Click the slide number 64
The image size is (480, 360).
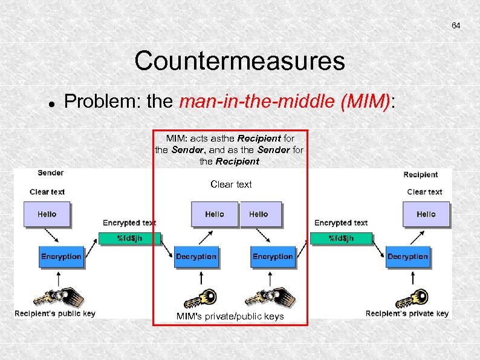point(456,25)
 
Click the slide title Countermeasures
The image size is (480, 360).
point(240,61)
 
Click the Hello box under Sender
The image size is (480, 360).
point(47,214)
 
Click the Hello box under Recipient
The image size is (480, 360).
point(426,214)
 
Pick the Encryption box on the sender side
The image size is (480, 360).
point(61,257)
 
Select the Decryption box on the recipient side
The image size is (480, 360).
point(408,257)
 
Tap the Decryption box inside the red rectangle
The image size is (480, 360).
point(196,257)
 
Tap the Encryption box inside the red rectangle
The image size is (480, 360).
point(273,257)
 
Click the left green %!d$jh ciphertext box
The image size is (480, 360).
point(129,238)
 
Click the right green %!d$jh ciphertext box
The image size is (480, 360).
point(341,238)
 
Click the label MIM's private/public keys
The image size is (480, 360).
point(230,316)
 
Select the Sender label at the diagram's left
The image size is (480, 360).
point(50,172)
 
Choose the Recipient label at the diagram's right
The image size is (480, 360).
point(420,174)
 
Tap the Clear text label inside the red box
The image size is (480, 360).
point(231,184)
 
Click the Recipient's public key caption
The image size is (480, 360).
point(54,313)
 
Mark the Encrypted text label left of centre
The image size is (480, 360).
point(129,223)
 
